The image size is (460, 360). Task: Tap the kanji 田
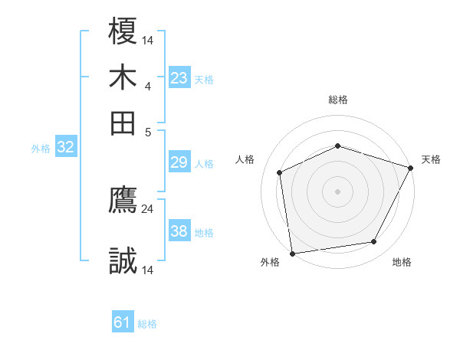point(123,122)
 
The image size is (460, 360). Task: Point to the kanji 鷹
point(123,200)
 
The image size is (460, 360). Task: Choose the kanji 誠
point(123,261)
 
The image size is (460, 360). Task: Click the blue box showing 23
point(179,78)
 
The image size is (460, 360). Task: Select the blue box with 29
point(179,162)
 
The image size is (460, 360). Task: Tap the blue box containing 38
point(179,231)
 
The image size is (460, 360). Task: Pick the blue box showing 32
point(65,148)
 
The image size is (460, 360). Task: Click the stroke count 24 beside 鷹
point(147,208)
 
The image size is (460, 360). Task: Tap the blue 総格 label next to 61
point(147,324)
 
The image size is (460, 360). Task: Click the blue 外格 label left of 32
point(41,149)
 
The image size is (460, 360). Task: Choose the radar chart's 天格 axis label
point(431,159)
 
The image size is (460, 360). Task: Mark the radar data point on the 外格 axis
point(292,253)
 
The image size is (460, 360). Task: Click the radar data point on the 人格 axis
point(280,172)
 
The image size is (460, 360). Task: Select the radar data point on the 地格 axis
point(374,242)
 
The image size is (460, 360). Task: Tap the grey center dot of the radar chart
point(337,191)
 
